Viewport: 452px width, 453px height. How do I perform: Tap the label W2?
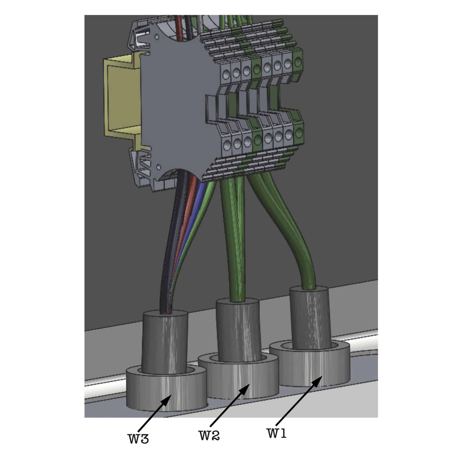209,435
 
